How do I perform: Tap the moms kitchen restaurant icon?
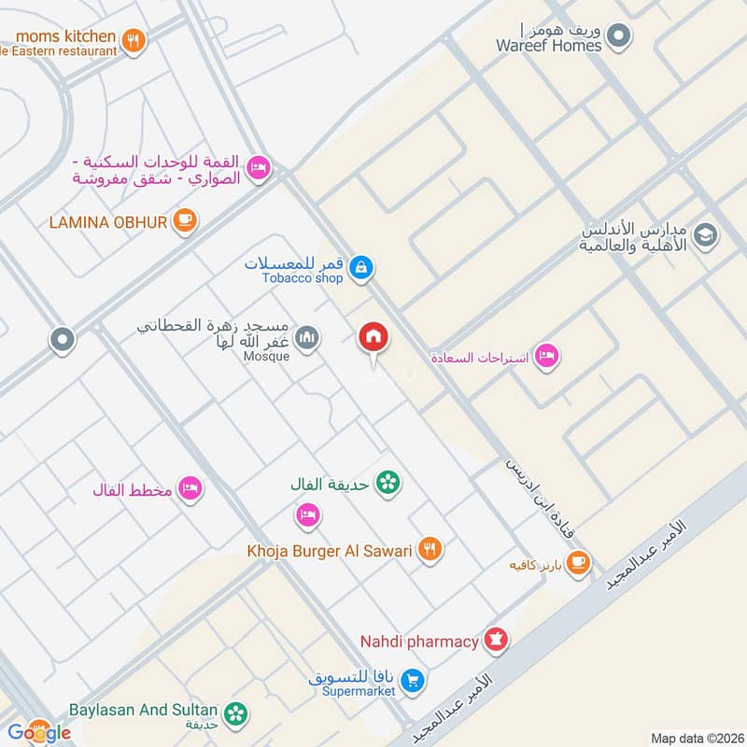[134, 40]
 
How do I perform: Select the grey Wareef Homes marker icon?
[617, 36]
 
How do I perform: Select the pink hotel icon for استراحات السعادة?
[547, 356]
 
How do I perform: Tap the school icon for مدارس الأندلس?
[705, 234]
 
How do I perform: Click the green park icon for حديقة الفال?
[388, 483]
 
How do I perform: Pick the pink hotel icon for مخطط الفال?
[190, 488]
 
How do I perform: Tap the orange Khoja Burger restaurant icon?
[430, 550]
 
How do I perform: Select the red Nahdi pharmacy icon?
[496, 641]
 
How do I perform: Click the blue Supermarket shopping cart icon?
[415, 681]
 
